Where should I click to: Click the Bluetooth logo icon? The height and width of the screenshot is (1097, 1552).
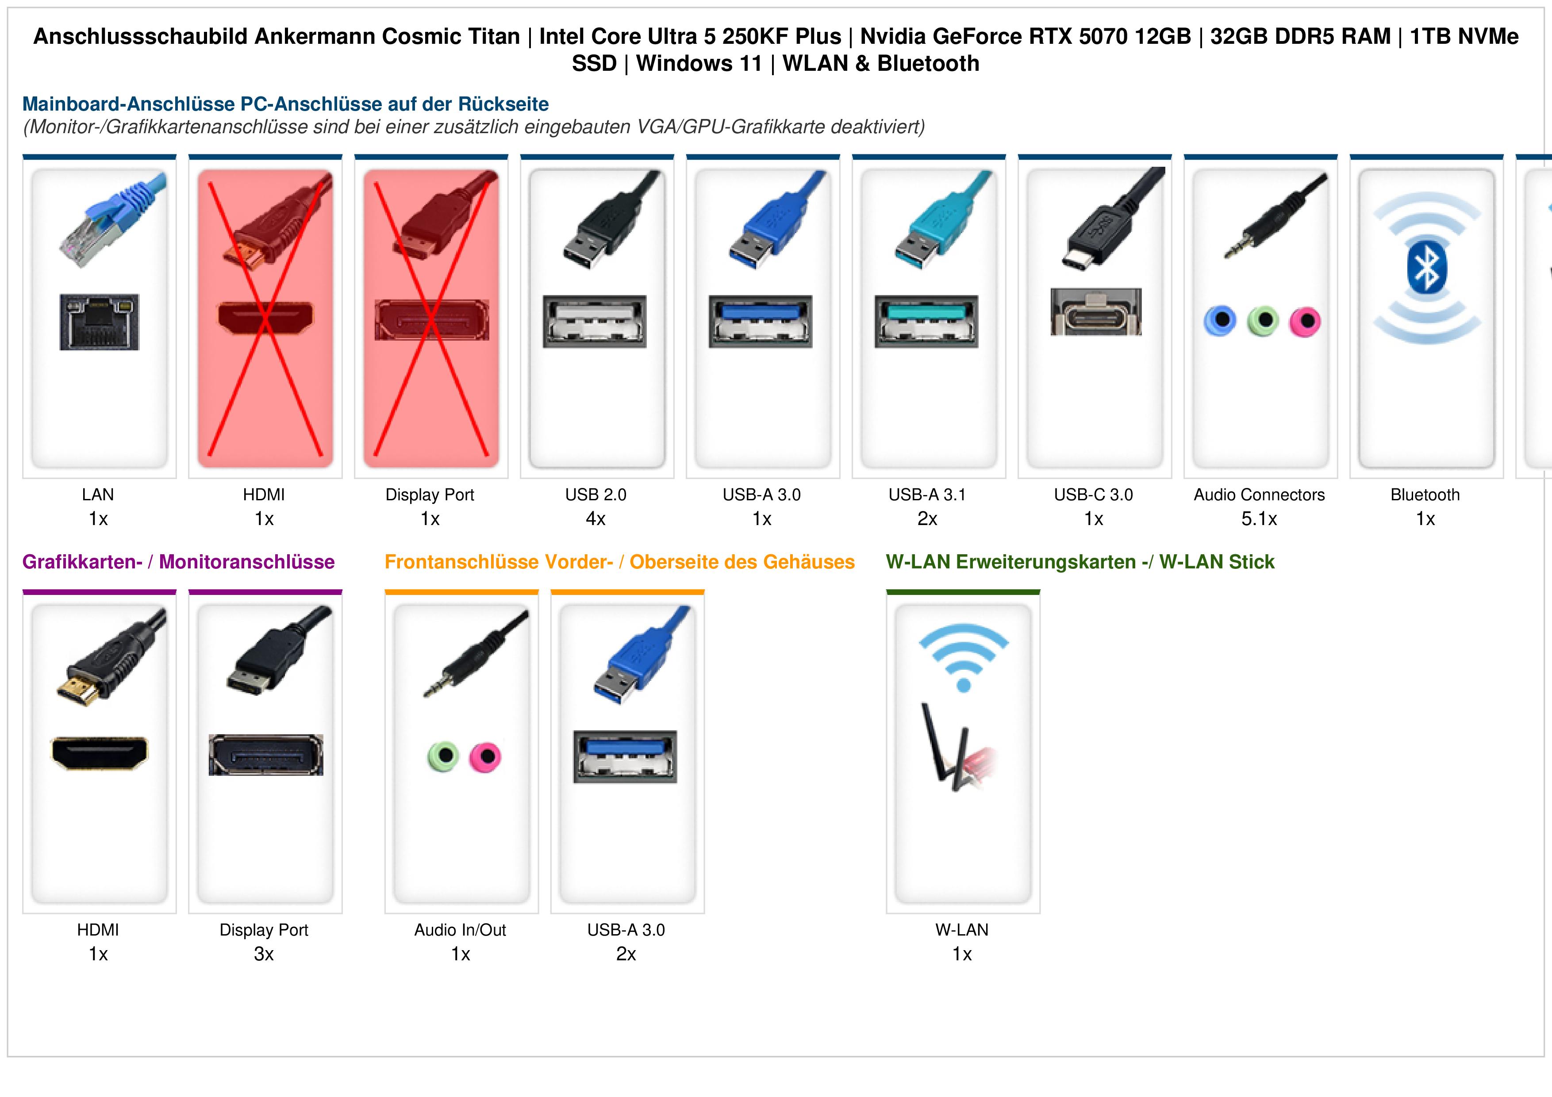point(1426,268)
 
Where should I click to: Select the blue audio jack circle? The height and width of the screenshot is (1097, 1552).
point(1220,320)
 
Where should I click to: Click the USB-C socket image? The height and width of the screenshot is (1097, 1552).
point(1096,311)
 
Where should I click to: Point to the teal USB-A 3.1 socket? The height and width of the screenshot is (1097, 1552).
point(926,321)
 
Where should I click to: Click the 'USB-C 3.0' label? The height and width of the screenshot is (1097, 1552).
point(1094,495)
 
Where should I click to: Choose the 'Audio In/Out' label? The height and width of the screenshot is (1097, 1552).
point(460,930)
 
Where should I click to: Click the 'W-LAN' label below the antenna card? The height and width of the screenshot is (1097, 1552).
point(962,930)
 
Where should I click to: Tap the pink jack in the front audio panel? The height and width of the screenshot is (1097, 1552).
point(485,757)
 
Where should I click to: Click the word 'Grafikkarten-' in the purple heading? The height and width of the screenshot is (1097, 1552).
point(82,562)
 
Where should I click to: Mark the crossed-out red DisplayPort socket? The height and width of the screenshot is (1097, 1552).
point(431,320)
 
